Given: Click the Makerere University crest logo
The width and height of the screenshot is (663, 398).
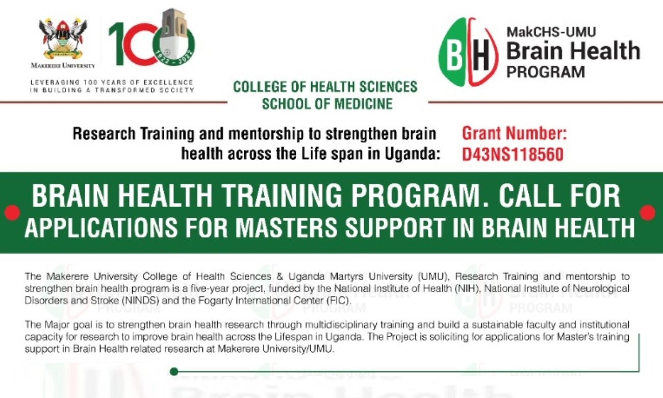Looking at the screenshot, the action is point(63,39).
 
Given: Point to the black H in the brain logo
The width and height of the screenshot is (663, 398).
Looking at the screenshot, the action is point(481,55).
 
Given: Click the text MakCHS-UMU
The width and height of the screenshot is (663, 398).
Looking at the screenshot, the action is point(551,32).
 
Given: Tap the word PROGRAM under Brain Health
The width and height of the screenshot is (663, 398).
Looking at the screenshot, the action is point(546,71).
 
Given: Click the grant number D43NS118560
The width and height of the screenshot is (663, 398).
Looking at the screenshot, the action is point(513,154).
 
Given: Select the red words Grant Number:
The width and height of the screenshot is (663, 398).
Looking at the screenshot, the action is point(515,133).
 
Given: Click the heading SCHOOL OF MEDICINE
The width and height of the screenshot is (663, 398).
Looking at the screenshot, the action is point(327,104).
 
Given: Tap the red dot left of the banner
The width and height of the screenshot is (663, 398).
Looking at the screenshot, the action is point(12,213).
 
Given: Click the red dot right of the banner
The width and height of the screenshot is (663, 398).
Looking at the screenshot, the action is point(647,213).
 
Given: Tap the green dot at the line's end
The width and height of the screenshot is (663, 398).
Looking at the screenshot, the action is point(174,371).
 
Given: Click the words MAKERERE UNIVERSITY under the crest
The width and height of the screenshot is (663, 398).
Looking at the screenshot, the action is point(63,65).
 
